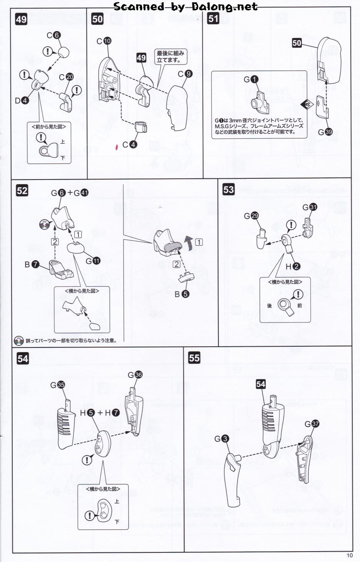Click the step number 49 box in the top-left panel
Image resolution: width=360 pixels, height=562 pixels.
[x=21, y=19]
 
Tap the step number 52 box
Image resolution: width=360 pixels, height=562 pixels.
[x=22, y=190]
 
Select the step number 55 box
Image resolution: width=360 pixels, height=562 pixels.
[x=194, y=358]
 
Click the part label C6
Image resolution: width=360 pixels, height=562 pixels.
[x=53, y=35]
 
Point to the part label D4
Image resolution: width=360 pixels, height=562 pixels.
[x=22, y=101]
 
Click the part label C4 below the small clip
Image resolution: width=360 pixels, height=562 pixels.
[x=129, y=145]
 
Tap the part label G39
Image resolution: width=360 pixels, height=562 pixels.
[x=325, y=132]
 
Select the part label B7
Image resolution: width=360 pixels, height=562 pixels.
[x=32, y=264]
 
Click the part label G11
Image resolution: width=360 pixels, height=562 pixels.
[x=93, y=261]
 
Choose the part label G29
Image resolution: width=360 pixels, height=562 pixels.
[x=251, y=216]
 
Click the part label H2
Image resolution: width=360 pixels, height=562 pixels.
[x=293, y=266]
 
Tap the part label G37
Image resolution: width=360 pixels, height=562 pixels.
[x=312, y=424]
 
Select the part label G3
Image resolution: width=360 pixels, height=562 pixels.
[x=222, y=439]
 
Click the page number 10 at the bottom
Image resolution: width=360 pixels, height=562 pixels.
[x=349, y=555]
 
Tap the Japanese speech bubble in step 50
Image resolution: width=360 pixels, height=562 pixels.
[x=170, y=57]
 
